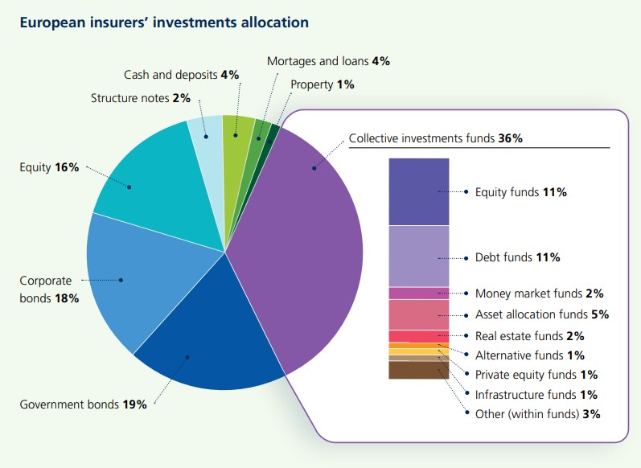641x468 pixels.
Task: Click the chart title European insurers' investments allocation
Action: coord(163,22)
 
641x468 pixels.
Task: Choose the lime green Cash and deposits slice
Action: coord(238,133)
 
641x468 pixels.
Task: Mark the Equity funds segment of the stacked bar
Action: coord(418,191)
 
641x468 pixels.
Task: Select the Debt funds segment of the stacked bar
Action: coord(418,256)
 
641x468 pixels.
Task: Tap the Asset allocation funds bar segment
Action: coord(418,314)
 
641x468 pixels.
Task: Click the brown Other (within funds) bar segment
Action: coord(418,370)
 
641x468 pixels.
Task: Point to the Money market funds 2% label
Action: coord(539,294)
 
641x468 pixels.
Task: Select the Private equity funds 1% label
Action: coord(536,375)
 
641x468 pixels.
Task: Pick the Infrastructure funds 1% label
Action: coord(536,394)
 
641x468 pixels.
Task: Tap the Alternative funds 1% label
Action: coord(530,355)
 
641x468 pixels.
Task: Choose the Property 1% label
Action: coord(323,84)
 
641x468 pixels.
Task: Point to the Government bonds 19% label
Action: coord(84,404)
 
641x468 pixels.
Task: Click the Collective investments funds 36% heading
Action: coord(436,138)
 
